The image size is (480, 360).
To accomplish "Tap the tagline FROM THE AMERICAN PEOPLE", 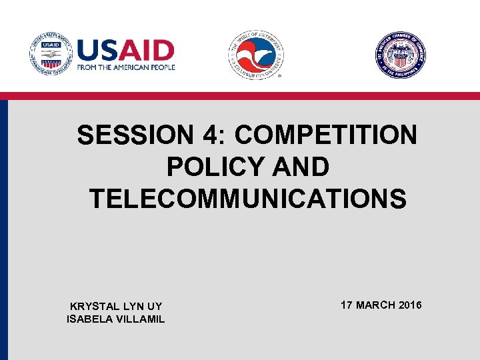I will click(x=126, y=67).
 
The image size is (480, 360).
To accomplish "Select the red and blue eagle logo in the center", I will click(x=257, y=56).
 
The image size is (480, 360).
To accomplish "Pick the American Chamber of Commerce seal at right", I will click(x=400, y=56).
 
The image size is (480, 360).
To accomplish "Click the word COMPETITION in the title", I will click(x=326, y=135).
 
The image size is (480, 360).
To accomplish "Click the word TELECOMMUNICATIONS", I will click(x=247, y=198).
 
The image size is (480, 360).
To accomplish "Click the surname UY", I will click(x=154, y=306).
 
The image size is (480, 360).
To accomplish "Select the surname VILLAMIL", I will click(x=140, y=319).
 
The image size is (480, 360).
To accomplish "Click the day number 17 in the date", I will click(x=347, y=305).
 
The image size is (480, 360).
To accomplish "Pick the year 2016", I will click(x=410, y=305).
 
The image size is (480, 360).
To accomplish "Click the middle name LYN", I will click(x=131, y=306).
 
